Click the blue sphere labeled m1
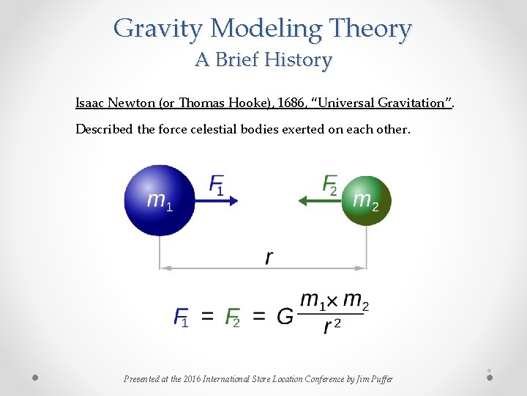tap(159, 199)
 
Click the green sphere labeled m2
tap(366, 200)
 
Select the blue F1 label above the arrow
tap(217, 184)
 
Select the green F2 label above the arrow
tap(330, 184)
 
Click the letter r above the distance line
tap(269, 257)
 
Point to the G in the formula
tap(285, 316)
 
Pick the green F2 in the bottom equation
tap(232, 317)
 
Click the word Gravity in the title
tap(159, 29)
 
